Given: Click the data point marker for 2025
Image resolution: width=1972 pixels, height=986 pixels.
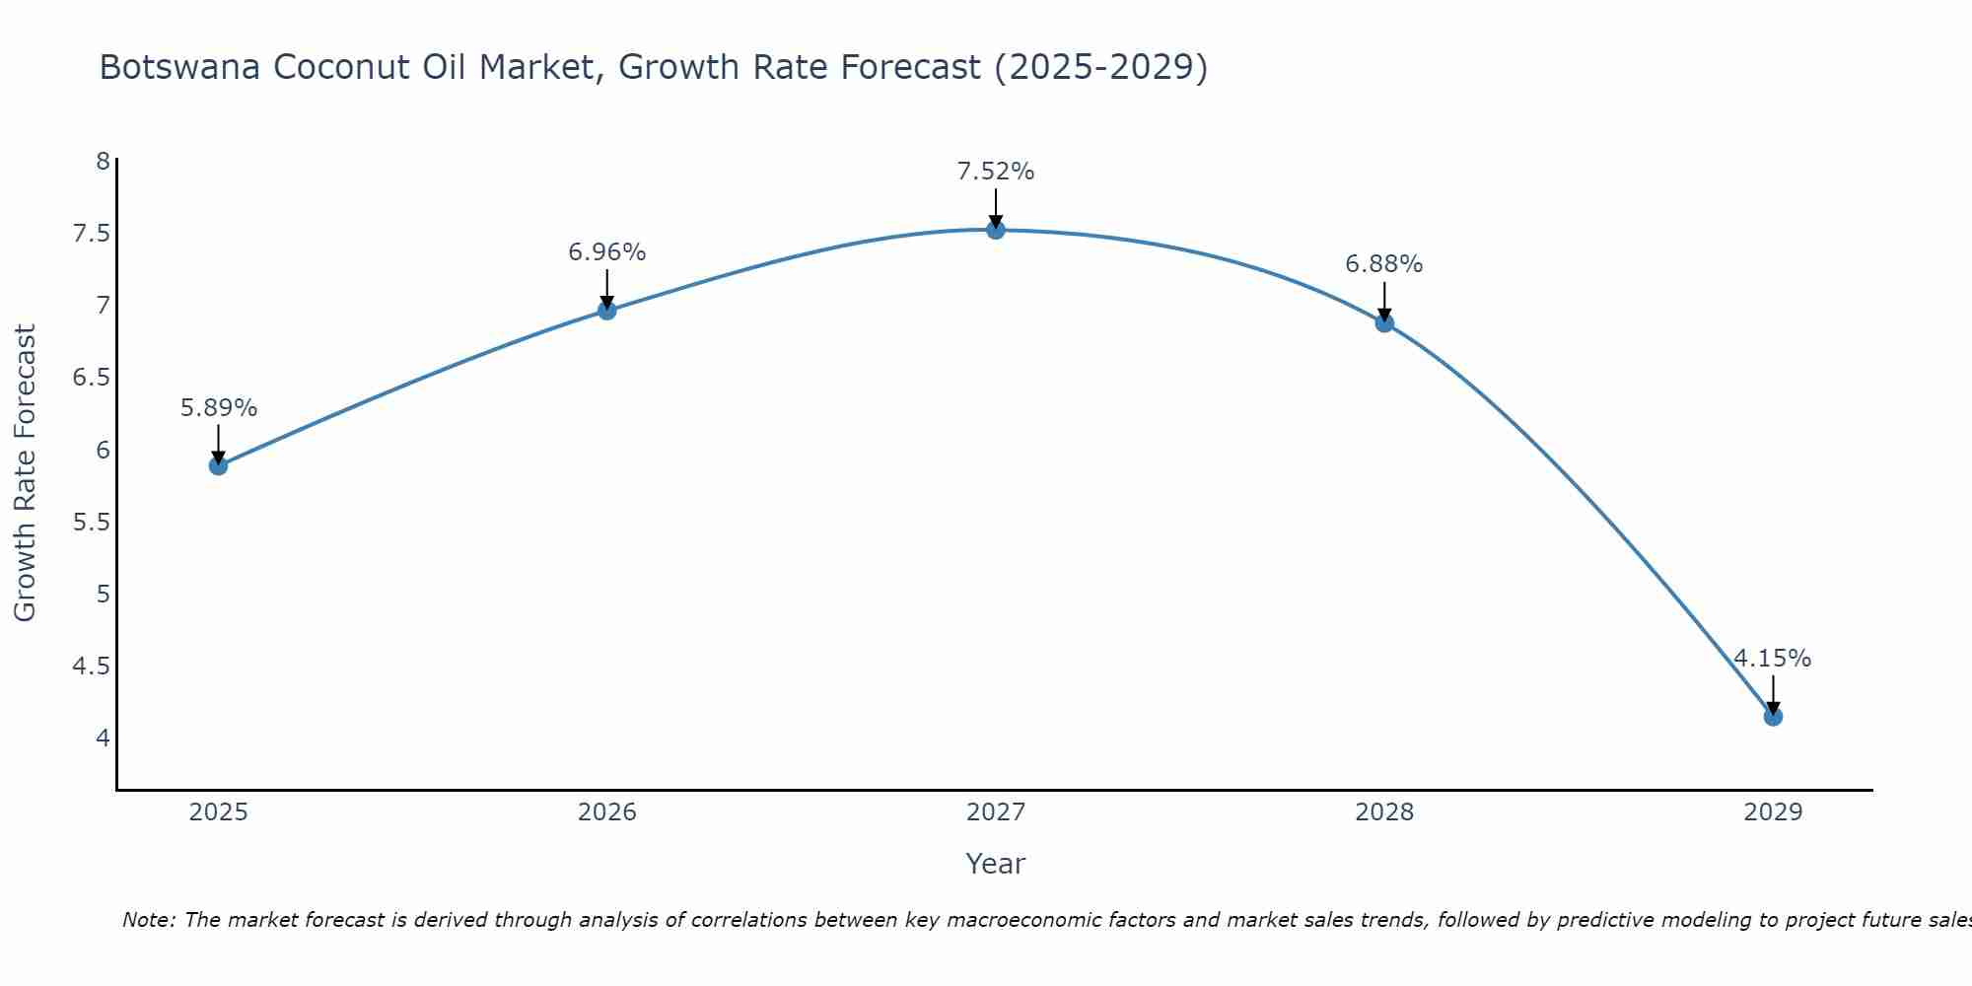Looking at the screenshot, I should tap(218, 465).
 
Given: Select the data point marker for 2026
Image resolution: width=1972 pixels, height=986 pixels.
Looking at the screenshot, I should tap(607, 311).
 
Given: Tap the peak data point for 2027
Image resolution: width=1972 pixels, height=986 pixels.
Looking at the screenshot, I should tap(996, 230).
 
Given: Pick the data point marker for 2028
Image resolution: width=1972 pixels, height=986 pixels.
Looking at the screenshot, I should tap(1384, 322).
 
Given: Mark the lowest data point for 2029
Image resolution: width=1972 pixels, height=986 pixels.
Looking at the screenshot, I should tap(1773, 717).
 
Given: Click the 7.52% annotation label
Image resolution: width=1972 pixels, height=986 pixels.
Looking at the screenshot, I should tap(996, 172).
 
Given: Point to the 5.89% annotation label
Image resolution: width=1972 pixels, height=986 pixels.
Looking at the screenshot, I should tap(218, 408).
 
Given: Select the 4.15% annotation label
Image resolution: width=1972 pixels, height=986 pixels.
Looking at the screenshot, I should tap(1773, 659).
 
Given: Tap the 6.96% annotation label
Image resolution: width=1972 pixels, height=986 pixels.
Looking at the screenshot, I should tap(607, 252).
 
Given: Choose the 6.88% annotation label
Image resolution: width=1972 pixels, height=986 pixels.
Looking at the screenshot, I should tap(1384, 264).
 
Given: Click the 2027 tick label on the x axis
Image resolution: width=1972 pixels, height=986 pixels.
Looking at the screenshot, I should tap(996, 812).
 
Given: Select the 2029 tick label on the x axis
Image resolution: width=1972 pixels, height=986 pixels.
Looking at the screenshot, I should tap(1773, 812).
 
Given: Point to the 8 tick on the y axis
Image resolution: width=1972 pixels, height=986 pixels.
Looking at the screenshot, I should tap(103, 161).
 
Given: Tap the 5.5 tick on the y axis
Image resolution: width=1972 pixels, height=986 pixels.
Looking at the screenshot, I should tap(92, 522).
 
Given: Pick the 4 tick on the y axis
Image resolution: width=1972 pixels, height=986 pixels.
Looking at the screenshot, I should tap(103, 738).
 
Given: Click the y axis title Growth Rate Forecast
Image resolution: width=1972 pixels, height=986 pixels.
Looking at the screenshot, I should tap(25, 473).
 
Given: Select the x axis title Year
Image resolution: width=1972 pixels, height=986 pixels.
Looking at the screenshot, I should tap(996, 864).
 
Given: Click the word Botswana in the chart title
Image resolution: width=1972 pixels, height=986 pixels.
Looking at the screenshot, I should tap(180, 67).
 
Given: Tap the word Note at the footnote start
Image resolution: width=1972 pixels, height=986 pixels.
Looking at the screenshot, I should tap(148, 920).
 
